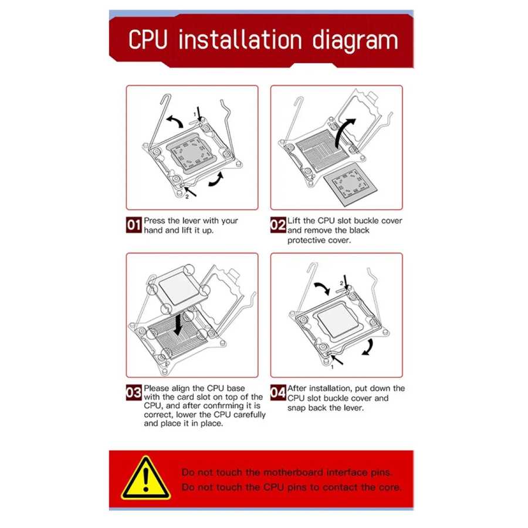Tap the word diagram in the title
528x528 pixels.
pos(355,41)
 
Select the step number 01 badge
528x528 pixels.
pos(134,225)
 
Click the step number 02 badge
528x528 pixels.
pos(278,225)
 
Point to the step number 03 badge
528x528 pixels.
pos(134,392)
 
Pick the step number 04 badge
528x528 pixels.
pos(278,392)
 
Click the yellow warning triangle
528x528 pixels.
pos(146,478)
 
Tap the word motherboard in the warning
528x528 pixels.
pos(293,472)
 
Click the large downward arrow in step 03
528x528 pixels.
pos(178,324)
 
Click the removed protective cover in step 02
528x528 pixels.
pos(350,185)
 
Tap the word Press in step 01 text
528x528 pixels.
pos(154,221)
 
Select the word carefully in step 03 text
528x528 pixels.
pos(249,415)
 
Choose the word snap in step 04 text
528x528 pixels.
pos(297,408)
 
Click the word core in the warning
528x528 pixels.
pos(391,488)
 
